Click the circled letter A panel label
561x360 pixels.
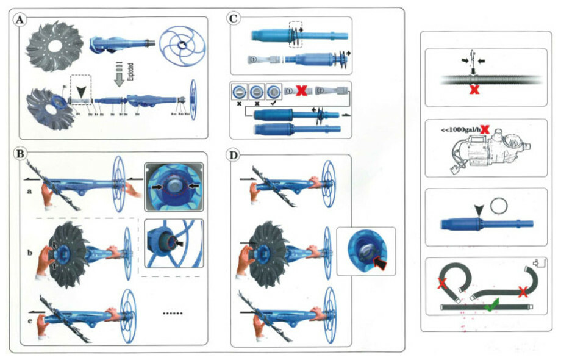(21, 20)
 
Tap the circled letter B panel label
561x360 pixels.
(21, 153)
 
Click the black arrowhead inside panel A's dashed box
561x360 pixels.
(80, 92)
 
